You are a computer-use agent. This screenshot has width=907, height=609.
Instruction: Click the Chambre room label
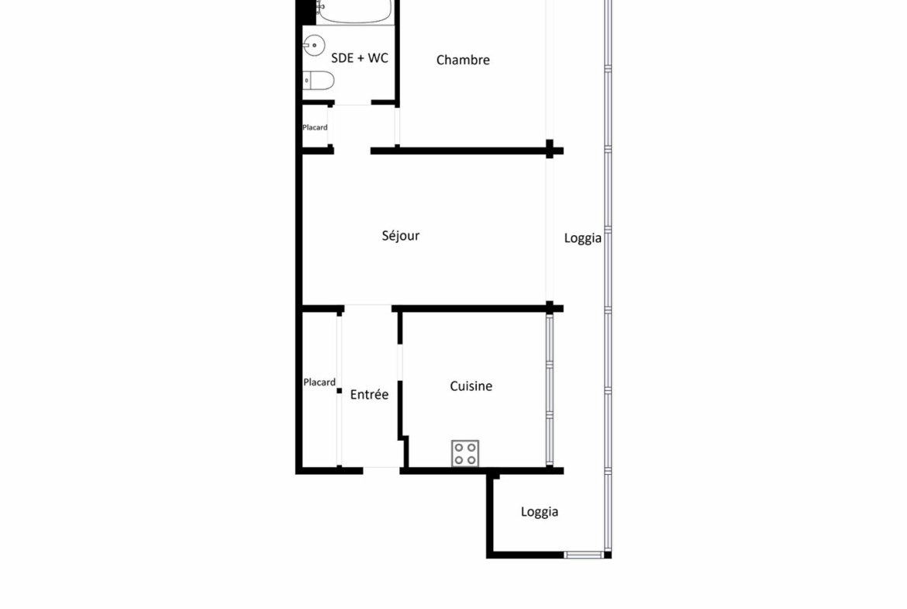tap(463, 60)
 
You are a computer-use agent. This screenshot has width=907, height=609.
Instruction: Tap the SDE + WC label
tap(359, 58)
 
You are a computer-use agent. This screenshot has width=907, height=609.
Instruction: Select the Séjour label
tap(400, 236)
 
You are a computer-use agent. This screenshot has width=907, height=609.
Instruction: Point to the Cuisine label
tap(471, 386)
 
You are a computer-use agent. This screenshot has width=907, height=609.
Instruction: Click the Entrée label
tap(369, 395)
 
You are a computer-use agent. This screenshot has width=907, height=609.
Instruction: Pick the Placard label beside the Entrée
tap(319, 382)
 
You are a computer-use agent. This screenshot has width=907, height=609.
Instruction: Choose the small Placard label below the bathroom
tap(315, 127)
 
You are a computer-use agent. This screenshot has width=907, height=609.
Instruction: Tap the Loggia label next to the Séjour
tap(582, 238)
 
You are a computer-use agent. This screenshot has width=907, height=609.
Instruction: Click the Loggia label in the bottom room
tap(539, 512)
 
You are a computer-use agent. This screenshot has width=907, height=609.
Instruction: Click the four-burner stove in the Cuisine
tap(465, 453)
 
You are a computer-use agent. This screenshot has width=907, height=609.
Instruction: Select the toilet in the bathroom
tap(318, 81)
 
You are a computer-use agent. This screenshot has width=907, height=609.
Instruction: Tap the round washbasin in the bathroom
tap(314, 45)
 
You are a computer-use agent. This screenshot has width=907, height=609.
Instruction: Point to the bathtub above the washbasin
tap(355, 12)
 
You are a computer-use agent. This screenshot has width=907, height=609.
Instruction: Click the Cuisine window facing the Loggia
tap(550, 389)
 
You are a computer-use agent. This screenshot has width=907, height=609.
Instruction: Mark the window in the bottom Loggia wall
tap(584, 555)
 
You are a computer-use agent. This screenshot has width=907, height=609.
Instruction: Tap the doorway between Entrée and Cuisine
tap(400, 363)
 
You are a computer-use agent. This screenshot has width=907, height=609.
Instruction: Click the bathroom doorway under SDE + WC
tap(353, 103)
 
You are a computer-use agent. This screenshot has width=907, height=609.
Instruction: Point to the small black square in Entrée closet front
tap(339, 391)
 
